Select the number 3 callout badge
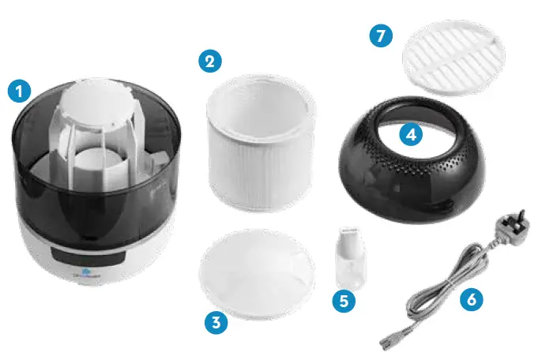(216, 321)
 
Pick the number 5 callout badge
(343, 300)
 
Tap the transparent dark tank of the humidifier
(47, 174)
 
